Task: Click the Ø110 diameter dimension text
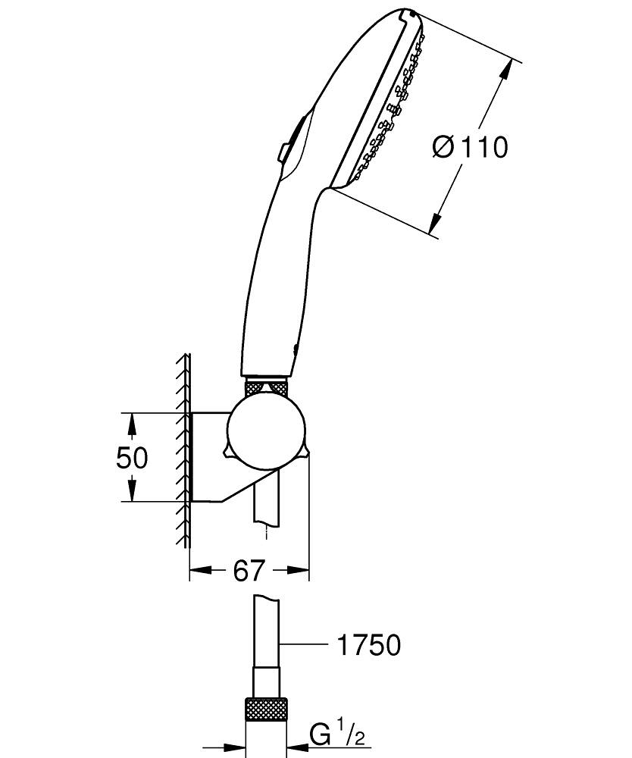tap(470, 146)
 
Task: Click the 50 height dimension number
tap(132, 457)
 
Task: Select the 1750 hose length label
tap(368, 645)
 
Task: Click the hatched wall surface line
tap(184, 455)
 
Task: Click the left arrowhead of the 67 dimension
tap(199, 571)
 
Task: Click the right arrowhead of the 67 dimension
tap(300, 571)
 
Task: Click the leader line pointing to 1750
tap(303, 645)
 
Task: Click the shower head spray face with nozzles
tap(390, 106)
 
